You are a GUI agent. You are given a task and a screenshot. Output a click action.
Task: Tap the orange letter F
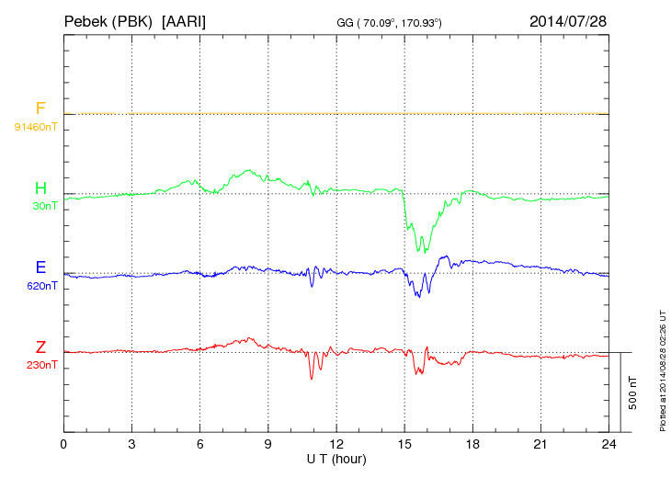point(40,109)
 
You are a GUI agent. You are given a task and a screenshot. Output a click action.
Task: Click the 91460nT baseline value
point(36,127)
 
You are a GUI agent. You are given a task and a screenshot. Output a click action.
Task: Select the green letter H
point(40,188)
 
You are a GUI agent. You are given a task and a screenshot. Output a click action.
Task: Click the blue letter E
point(40,267)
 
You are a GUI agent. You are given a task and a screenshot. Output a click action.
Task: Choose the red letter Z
point(40,347)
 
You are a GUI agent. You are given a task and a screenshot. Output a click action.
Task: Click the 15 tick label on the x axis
point(404,445)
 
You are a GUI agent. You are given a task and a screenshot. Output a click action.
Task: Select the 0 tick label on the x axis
point(63,445)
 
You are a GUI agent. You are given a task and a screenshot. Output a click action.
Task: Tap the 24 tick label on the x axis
point(608,445)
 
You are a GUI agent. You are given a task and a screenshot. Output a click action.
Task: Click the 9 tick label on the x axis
point(268,445)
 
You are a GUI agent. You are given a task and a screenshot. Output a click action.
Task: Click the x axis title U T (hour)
point(335,459)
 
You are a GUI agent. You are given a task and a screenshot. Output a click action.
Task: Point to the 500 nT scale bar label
point(633,393)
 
